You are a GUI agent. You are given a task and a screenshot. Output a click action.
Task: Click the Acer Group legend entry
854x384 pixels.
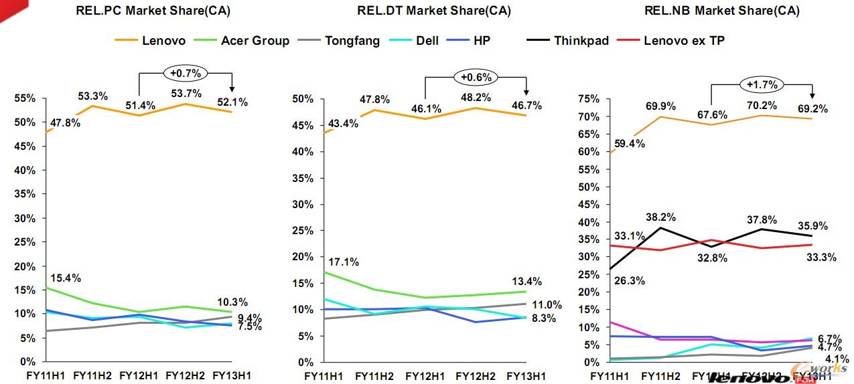click(255, 41)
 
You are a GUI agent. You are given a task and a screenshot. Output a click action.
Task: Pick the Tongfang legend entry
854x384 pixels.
click(352, 41)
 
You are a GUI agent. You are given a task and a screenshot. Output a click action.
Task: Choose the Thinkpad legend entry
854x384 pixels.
click(581, 41)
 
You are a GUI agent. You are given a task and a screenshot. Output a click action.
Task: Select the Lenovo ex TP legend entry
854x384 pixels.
click(684, 41)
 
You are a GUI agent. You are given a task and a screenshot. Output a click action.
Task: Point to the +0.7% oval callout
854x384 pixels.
click(186, 72)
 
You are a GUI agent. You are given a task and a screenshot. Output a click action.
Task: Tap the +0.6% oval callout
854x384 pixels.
click(475, 76)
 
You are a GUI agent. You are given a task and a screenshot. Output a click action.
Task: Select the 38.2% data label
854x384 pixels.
click(661, 217)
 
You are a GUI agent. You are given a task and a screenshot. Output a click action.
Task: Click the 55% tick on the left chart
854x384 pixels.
click(26, 98)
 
